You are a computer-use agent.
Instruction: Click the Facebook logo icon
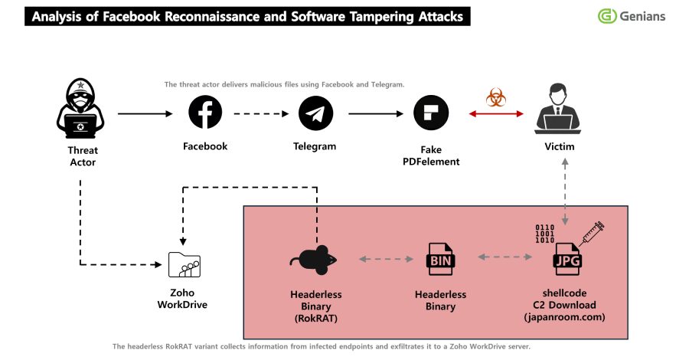tap(205, 113)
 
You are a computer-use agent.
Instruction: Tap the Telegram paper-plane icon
tap(315, 113)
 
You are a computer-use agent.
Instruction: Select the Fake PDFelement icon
tap(430, 113)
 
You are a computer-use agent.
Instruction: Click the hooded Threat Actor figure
tap(80, 113)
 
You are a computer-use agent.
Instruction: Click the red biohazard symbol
tap(495, 97)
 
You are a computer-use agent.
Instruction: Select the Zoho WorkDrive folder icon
tap(184, 263)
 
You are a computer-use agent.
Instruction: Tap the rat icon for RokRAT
tap(315, 260)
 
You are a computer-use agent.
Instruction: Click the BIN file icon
tap(440, 260)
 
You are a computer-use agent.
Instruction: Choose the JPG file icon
tap(566, 260)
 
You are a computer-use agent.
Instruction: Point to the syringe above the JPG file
tap(593, 231)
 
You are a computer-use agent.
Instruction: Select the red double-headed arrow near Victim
tap(495, 114)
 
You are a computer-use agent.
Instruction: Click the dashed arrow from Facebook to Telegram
tap(260, 114)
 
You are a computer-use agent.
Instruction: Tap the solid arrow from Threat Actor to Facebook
tap(145, 114)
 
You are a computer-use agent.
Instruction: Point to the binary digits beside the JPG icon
tap(544, 233)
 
